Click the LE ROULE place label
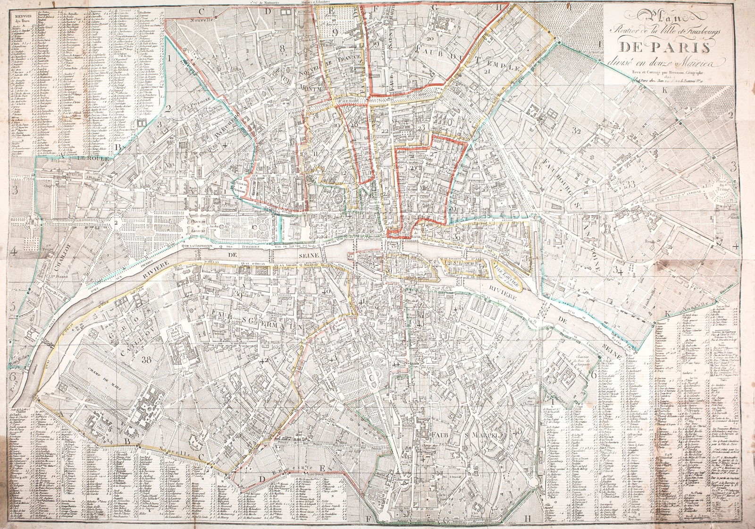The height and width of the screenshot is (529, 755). [93, 159]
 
